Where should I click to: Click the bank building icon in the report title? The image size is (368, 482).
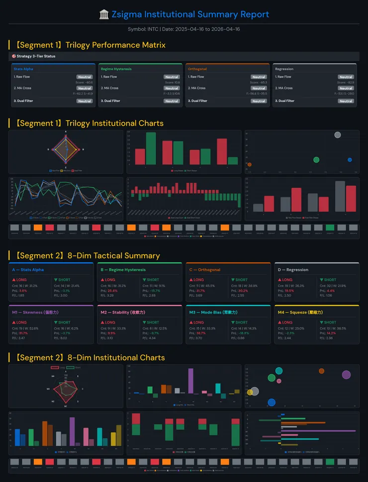pyautogui.click(x=104, y=14)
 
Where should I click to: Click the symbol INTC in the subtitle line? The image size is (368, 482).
pyautogui.click(x=152, y=29)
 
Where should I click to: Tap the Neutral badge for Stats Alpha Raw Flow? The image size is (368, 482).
pyautogui.click(x=85, y=77)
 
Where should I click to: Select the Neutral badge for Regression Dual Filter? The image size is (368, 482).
pyautogui.click(x=346, y=101)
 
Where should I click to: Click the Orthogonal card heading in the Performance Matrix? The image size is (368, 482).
pyautogui.click(x=197, y=69)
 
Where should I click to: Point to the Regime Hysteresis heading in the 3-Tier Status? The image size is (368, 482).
pyautogui.click(x=116, y=69)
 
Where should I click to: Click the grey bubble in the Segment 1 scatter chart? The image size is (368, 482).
pyautogui.click(x=338, y=135)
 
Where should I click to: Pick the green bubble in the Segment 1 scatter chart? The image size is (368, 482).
pyautogui.click(x=316, y=160)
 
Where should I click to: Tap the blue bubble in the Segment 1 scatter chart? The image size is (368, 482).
pyautogui.click(x=350, y=160)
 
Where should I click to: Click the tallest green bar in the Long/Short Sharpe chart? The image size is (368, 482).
pyautogui.click(x=151, y=148)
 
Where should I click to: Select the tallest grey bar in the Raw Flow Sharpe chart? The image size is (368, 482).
pyautogui.click(x=340, y=196)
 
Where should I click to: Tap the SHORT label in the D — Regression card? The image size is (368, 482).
pyautogui.click(x=329, y=280)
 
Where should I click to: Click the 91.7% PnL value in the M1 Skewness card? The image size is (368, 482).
pyautogui.click(x=23, y=333)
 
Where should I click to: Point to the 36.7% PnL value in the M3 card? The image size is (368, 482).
pyautogui.click(x=201, y=333)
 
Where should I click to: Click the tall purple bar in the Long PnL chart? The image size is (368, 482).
pyautogui.click(x=190, y=381)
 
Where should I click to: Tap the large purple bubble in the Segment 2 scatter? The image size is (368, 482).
pyautogui.click(x=346, y=375)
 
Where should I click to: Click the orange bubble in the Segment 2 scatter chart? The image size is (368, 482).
pyautogui.click(x=321, y=371)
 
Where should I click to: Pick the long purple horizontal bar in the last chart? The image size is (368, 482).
pyautogui.click(x=318, y=431)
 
